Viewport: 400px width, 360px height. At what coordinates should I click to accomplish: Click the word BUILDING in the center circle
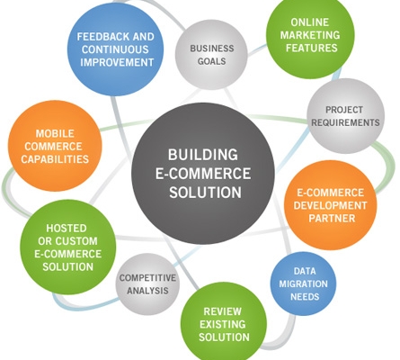[x=203, y=155]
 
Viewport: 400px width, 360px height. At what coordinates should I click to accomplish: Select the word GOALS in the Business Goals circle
[x=211, y=61]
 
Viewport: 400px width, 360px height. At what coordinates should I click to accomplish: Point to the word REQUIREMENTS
[x=345, y=122]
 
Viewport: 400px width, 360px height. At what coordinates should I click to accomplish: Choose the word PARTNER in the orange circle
[x=332, y=218]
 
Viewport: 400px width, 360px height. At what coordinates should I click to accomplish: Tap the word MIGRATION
[x=303, y=283]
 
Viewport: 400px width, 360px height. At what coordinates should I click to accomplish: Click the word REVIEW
[x=222, y=311]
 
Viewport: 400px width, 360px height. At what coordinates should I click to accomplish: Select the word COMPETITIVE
[x=147, y=278]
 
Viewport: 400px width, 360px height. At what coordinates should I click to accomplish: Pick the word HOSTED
[x=67, y=229]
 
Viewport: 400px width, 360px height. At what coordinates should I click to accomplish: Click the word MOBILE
[x=55, y=133]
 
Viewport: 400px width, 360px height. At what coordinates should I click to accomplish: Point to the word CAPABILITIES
[x=55, y=159]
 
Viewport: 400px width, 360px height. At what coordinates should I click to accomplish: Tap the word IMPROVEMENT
[x=117, y=62]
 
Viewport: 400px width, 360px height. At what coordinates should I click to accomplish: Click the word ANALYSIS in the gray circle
[x=147, y=291]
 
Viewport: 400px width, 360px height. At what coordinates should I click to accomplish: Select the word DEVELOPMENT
[x=330, y=205]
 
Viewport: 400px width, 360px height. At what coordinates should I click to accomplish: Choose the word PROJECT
[x=344, y=110]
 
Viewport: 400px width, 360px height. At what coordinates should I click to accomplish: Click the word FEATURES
[x=312, y=48]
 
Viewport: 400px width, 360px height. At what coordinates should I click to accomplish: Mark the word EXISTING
[x=223, y=324]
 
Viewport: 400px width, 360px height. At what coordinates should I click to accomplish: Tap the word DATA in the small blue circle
[x=305, y=271]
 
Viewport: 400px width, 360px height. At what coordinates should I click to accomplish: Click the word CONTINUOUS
[x=115, y=49]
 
